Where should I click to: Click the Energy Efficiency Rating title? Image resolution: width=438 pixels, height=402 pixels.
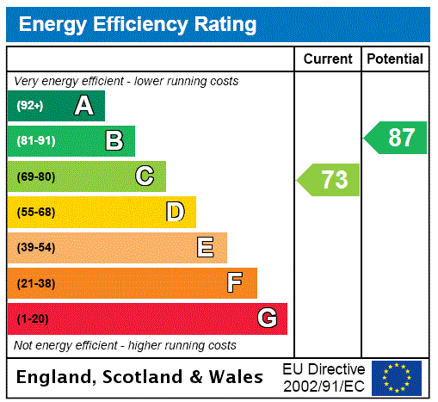(138, 24)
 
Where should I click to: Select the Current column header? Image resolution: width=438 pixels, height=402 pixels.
(328, 59)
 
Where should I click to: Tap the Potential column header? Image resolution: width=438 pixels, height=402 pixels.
(395, 59)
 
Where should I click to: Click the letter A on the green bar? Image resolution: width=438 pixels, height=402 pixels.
(83, 106)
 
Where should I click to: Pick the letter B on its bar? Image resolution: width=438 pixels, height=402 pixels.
(114, 141)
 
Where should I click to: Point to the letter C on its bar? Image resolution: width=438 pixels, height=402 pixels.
(145, 176)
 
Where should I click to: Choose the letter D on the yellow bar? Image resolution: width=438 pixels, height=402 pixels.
(175, 212)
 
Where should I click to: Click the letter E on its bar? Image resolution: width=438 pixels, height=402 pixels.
(206, 248)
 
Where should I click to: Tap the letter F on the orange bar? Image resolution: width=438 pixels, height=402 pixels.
(235, 283)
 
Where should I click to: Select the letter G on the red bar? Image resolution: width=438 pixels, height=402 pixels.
(267, 319)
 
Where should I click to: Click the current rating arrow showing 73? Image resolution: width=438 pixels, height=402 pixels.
(329, 180)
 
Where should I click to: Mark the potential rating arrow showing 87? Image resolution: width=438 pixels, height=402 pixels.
(396, 138)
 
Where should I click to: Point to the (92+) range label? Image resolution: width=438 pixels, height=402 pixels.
(30, 106)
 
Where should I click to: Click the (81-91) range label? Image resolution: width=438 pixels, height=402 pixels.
(35, 141)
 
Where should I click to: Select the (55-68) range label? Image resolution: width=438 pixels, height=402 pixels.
(35, 212)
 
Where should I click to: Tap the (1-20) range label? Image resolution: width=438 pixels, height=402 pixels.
(33, 319)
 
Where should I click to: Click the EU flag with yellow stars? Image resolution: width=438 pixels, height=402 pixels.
(397, 378)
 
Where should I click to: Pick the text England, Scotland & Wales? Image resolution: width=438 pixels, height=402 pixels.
(140, 377)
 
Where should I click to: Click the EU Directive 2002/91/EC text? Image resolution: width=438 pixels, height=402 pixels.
(324, 377)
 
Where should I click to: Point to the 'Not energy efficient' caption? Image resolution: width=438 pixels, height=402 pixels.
(125, 345)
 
